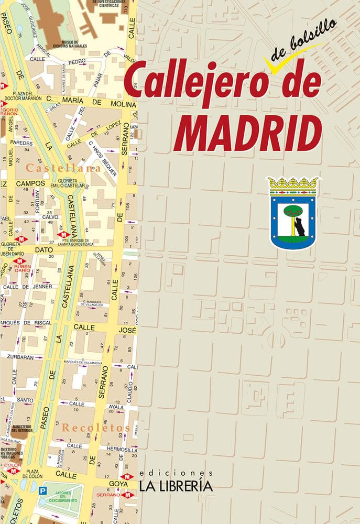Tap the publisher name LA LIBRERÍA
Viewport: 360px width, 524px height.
tap(176, 486)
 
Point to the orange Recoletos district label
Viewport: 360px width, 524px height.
tap(95, 428)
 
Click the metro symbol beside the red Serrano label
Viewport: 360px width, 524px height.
tap(127, 494)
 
